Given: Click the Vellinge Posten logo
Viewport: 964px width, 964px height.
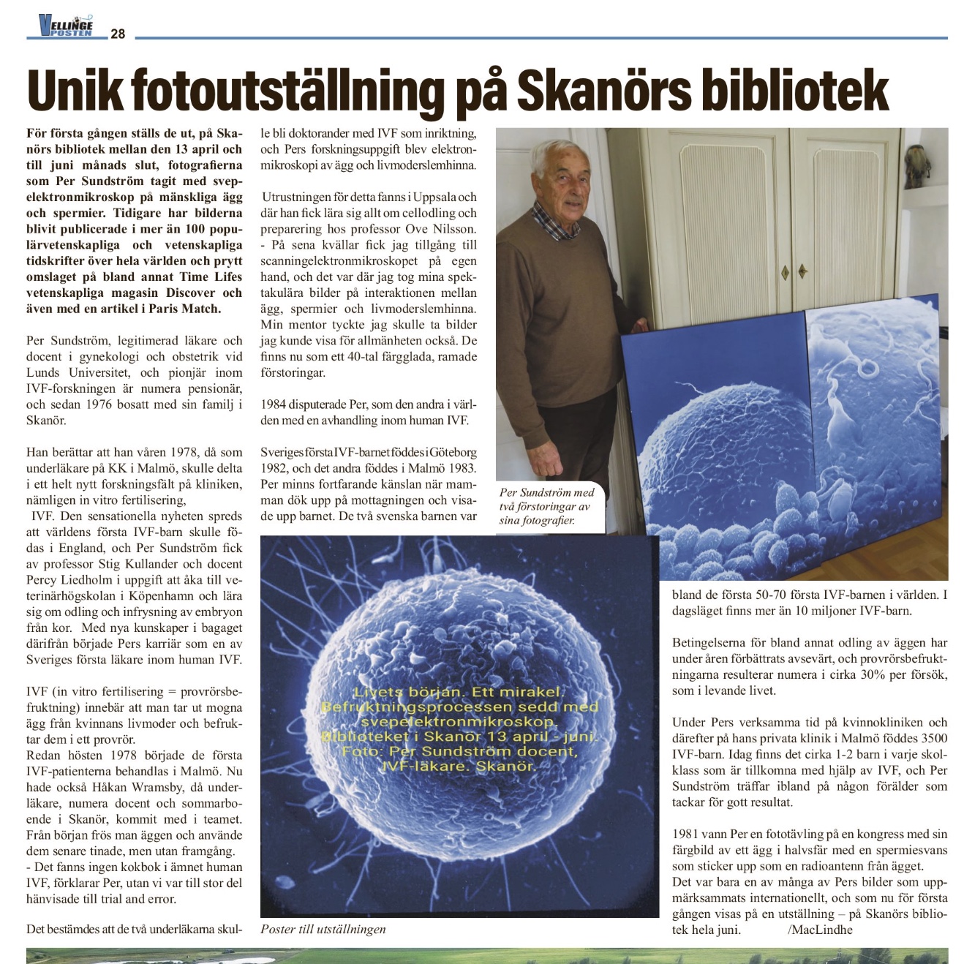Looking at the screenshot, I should point(66,26).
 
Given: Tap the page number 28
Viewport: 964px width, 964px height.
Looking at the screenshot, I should point(118,34).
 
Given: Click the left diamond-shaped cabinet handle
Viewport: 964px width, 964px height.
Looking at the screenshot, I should point(785,271).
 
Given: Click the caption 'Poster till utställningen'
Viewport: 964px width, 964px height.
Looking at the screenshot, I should point(323,930).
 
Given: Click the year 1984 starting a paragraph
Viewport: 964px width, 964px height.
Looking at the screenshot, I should point(274,404).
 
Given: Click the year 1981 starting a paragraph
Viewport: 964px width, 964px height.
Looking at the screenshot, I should point(686,834).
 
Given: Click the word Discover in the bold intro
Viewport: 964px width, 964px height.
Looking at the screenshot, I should point(192,293).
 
